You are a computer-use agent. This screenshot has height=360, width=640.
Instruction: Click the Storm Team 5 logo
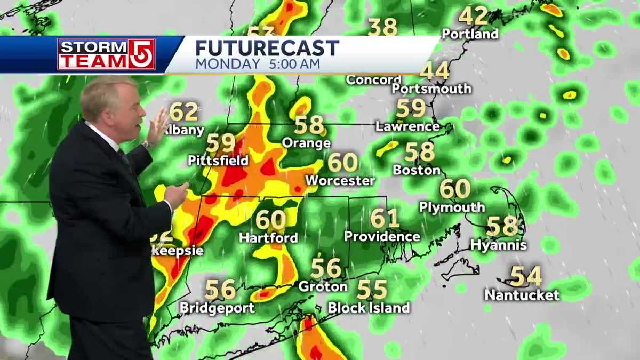[106, 54]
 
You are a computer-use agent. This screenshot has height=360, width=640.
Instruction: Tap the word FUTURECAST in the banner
[267, 48]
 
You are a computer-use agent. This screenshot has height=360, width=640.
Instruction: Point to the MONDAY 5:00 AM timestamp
[258, 65]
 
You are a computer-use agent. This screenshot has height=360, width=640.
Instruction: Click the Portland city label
[470, 34]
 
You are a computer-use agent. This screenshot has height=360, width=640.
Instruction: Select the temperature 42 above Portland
[473, 16]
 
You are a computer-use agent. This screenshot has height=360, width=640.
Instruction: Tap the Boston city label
[417, 171]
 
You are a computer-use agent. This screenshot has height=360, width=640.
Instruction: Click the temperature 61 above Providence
[385, 218]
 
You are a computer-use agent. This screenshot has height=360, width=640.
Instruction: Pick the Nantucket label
[522, 295]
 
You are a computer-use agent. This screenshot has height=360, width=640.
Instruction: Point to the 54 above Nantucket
[526, 276]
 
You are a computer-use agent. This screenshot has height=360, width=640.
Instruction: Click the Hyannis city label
[498, 245]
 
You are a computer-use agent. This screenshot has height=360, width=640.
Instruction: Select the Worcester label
[340, 181]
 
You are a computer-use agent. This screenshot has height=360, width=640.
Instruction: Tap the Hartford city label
[268, 238]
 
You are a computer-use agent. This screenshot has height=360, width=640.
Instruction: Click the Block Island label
[369, 308]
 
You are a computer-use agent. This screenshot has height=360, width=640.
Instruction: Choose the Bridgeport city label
[217, 308]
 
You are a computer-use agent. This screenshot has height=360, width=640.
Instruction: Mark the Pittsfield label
[218, 161]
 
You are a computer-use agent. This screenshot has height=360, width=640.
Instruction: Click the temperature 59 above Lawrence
[411, 109]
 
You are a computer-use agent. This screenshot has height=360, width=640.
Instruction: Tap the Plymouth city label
[452, 207]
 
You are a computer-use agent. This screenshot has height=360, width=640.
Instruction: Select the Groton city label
[323, 287]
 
